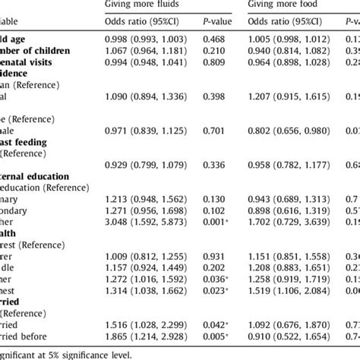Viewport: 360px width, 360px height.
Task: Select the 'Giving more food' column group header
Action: (x=286, y=4)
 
